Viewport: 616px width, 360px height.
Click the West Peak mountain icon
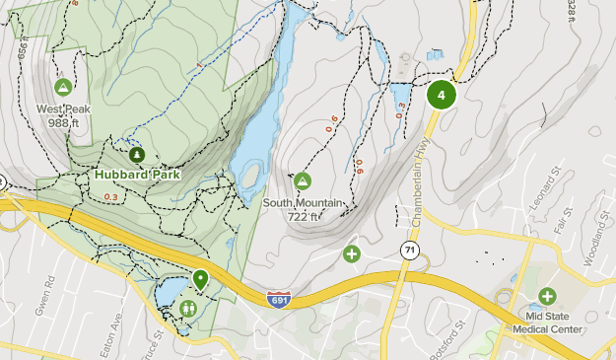[x=63, y=87]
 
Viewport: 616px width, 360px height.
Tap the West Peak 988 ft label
[x=63, y=116]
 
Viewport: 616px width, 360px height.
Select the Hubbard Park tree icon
[x=136, y=155]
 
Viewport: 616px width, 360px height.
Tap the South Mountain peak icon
[x=303, y=180]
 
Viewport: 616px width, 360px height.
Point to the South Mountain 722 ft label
[x=303, y=209]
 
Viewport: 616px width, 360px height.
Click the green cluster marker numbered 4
[x=442, y=96]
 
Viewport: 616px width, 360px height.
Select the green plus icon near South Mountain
[x=352, y=254]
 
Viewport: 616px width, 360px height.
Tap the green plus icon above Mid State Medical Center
[x=547, y=295]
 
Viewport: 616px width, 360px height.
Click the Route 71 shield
[x=407, y=252]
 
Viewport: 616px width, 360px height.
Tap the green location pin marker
[x=201, y=279]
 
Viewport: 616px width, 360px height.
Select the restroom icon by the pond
[x=188, y=308]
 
